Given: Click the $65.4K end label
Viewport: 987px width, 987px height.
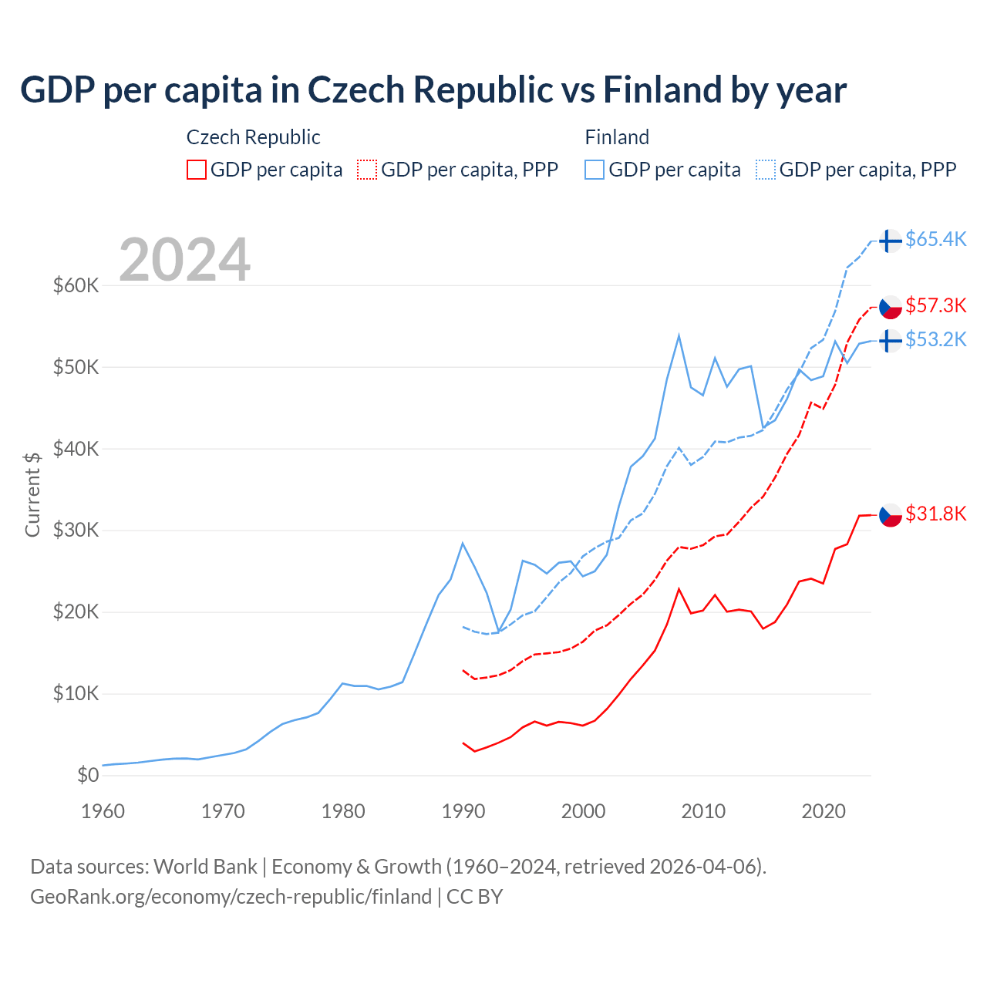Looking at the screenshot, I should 935,239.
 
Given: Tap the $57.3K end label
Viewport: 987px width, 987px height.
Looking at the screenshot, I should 935,305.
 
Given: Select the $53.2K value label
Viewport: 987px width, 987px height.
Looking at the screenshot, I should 935,339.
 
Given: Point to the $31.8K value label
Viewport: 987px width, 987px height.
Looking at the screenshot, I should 935,514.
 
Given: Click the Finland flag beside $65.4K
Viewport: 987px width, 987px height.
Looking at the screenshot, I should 891,241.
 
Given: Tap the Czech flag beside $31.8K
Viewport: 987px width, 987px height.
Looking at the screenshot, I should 891,515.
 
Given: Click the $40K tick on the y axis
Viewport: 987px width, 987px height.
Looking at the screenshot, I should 76,449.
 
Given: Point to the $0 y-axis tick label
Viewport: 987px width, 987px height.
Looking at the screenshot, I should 88,775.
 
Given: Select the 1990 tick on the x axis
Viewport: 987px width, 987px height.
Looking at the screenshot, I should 463,811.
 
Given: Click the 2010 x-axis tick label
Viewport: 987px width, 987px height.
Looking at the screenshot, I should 703,811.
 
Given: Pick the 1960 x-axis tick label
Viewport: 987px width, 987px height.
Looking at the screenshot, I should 103,811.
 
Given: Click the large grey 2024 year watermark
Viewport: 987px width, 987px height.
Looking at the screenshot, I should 184,260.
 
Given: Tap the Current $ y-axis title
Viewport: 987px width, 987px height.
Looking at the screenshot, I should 32,494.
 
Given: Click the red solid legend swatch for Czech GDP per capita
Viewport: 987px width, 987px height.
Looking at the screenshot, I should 197,170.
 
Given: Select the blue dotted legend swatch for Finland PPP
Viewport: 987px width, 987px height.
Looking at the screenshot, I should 766,170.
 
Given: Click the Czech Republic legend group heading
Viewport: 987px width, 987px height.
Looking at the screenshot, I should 253,137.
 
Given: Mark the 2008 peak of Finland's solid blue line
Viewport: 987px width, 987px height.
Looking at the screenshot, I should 679,335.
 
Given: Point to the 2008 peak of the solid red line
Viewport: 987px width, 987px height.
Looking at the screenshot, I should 679,589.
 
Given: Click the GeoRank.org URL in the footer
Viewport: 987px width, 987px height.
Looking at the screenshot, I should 231,897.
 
